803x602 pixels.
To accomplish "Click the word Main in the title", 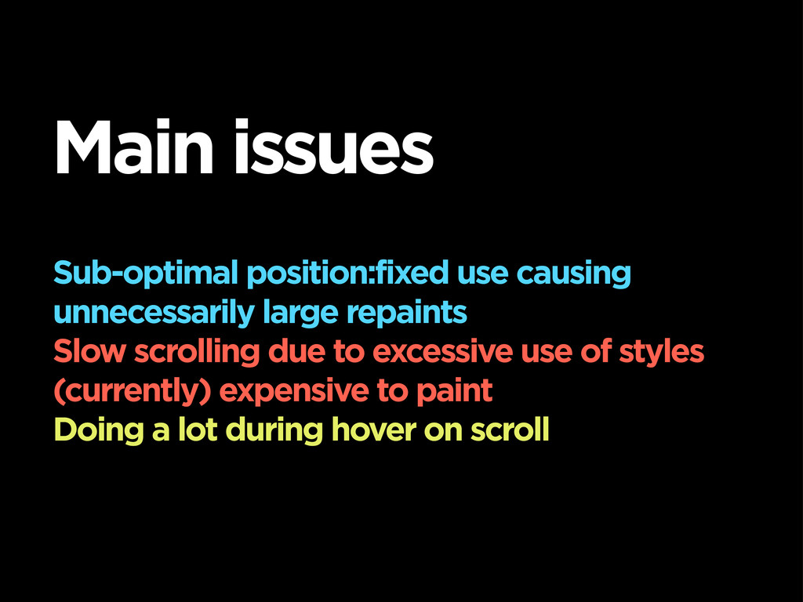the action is click(133, 147).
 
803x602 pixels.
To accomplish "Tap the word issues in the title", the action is click(334, 147).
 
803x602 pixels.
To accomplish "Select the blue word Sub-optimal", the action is click(146, 274).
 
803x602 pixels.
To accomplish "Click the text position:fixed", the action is click(347, 274).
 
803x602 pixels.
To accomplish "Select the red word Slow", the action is click(89, 352).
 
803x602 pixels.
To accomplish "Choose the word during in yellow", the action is click(274, 430).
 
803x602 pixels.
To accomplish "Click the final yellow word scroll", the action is click(510, 430).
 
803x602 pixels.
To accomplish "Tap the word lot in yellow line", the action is click(198, 430).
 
